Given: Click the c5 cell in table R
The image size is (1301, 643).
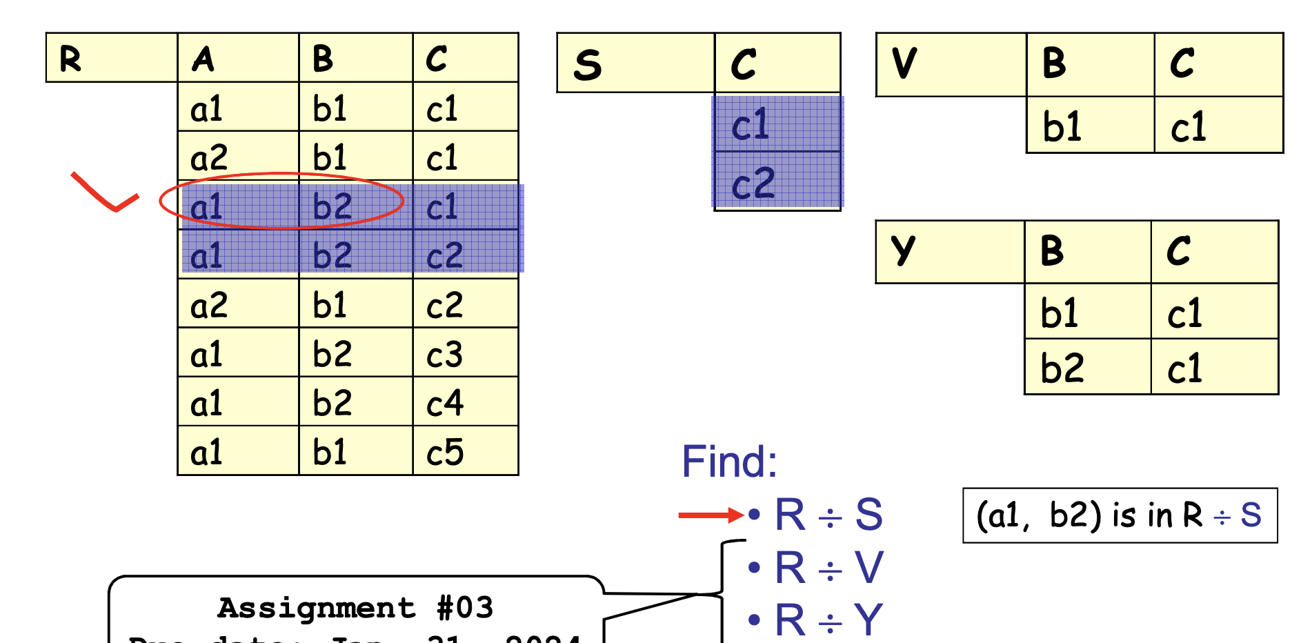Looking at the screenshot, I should [x=446, y=453].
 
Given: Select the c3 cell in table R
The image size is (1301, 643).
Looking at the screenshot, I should [x=446, y=355].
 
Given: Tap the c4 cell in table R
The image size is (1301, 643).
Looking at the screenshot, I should [x=446, y=404].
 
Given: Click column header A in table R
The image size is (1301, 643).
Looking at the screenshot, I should [x=203, y=59].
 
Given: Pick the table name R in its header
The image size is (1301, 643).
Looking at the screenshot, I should [x=70, y=59].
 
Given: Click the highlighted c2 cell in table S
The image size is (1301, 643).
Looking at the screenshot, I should [x=753, y=184].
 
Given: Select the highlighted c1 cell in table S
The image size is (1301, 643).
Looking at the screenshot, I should [x=751, y=125].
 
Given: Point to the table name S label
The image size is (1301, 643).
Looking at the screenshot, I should [x=588, y=65].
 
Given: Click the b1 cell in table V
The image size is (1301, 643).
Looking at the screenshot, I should [x=1062, y=127].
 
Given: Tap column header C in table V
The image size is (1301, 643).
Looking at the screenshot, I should [x=1182, y=63].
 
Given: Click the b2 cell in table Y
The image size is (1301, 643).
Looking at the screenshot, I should [x=1062, y=368].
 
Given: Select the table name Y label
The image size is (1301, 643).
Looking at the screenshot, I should [x=902, y=250].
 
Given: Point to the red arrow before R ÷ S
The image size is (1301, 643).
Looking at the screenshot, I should [x=711, y=515].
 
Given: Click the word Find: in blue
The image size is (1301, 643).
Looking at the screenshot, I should [x=729, y=461].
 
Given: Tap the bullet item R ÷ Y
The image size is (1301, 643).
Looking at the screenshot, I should [x=828, y=620].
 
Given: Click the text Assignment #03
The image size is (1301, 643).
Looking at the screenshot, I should [x=355, y=608].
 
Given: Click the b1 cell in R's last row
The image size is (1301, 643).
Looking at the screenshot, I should [x=330, y=453].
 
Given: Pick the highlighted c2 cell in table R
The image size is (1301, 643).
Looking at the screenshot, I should [x=445, y=256].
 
